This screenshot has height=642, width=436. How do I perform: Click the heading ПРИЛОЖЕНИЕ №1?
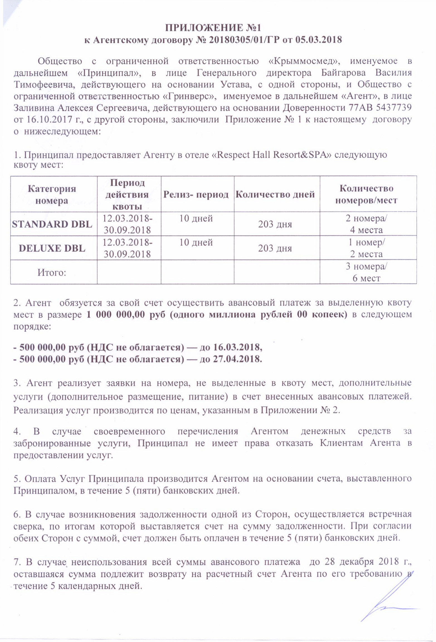coord(213,28)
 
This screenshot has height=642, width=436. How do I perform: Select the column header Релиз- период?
coord(196,194)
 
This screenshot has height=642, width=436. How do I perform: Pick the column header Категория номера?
coord(52,194)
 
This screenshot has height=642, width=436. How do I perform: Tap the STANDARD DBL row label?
coord(52,224)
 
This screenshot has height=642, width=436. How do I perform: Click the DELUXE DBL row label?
coord(52,248)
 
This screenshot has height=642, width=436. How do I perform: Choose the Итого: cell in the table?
coord(52,272)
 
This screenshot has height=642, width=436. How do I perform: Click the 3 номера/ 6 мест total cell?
coord(366,272)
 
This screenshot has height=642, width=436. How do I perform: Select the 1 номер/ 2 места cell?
coord(366,248)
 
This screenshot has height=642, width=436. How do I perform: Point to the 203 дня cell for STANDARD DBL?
coord(275,224)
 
